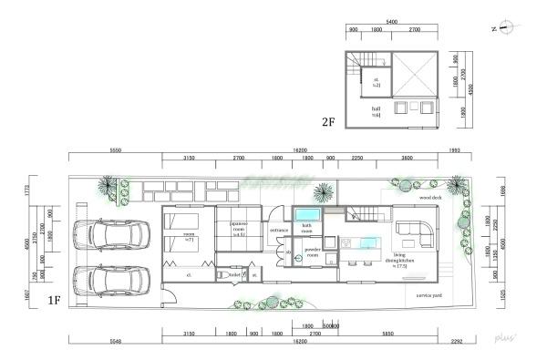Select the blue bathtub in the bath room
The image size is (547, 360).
point(304,215)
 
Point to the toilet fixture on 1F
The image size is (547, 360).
point(222,273)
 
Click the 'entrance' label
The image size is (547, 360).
point(279,232)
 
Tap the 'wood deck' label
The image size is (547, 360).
point(430,196)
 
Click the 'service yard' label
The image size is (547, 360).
point(429,296)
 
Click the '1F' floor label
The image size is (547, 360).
point(54,298)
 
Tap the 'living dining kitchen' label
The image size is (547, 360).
point(407,260)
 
